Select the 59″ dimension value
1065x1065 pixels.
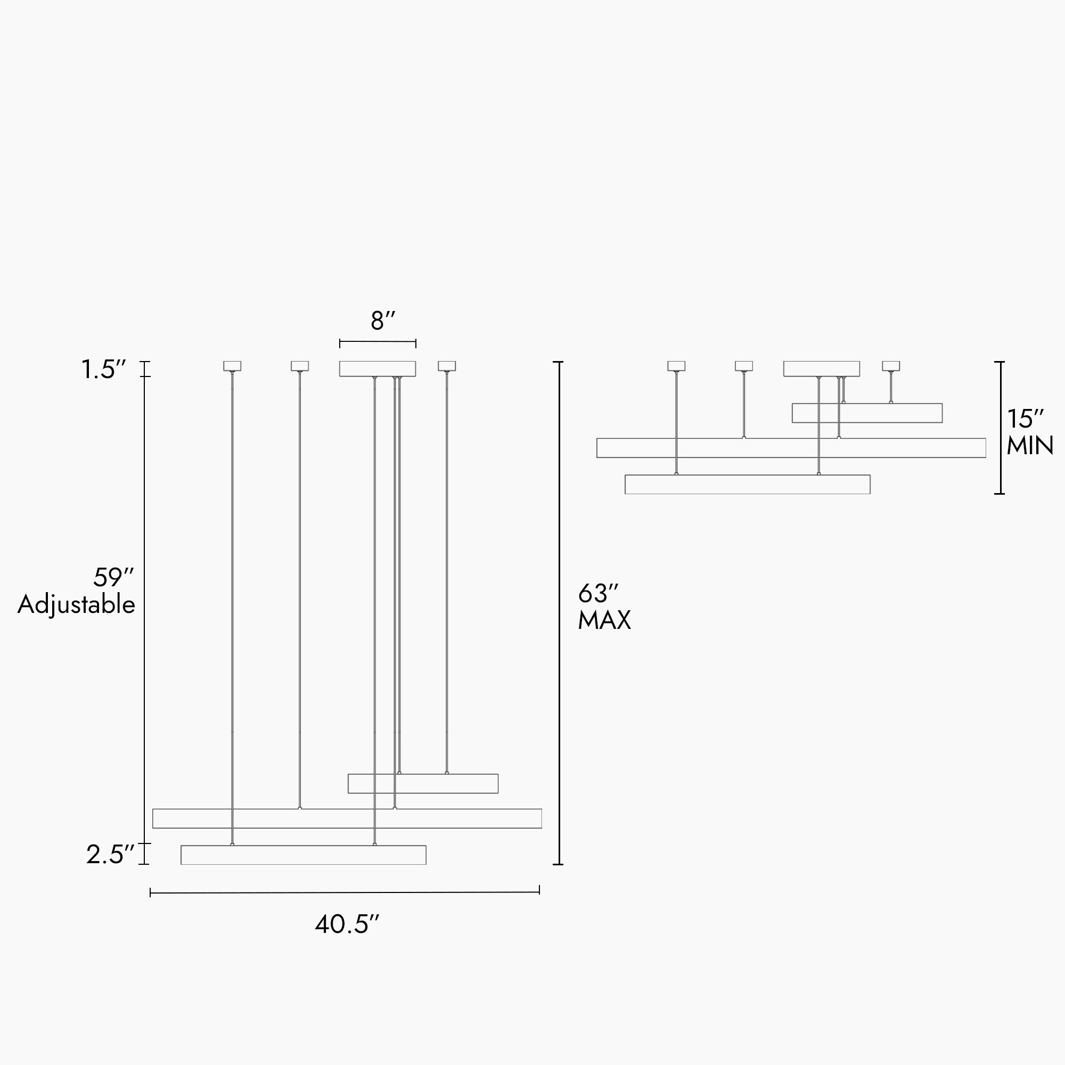[113, 578]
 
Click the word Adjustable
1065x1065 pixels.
[76, 605]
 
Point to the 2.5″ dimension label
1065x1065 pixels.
[110, 855]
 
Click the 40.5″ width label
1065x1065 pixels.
[347, 924]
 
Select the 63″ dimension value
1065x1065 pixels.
[598, 594]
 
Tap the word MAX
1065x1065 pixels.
[604, 621]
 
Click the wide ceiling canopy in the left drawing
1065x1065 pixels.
[378, 369]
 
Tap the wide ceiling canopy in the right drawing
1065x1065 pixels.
[821, 369]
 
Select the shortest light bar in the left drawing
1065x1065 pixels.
[423, 783]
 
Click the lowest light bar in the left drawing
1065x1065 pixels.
[303, 855]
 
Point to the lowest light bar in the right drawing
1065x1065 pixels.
[748, 485]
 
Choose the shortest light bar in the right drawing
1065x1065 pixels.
[867, 413]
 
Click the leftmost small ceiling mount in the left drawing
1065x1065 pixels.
[232, 366]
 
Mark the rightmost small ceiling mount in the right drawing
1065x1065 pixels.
[891, 366]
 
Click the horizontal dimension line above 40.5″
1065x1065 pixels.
[345, 892]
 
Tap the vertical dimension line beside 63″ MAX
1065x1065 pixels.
[560, 612]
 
